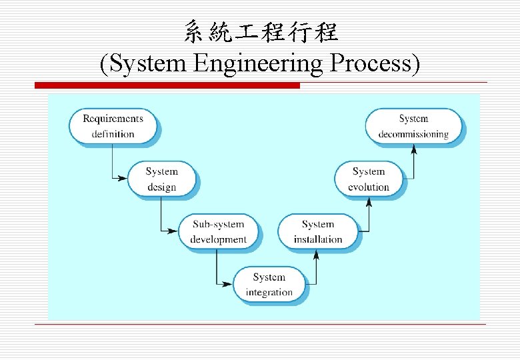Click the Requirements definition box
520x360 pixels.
(x=113, y=126)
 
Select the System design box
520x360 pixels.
(x=161, y=179)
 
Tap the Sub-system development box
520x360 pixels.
(x=219, y=231)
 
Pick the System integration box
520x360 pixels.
(x=269, y=284)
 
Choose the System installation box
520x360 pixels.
(x=318, y=231)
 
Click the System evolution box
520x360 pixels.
(x=369, y=179)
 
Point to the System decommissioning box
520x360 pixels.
(x=413, y=126)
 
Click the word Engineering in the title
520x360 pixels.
(x=261, y=64)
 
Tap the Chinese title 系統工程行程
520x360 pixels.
(x=261, y=31)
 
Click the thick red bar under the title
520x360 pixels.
(x=167, y=85)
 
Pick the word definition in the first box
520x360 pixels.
(x=113, y=134)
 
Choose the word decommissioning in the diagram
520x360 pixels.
(x=413, y=134)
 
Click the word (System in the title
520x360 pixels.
(x=144, y=64)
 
